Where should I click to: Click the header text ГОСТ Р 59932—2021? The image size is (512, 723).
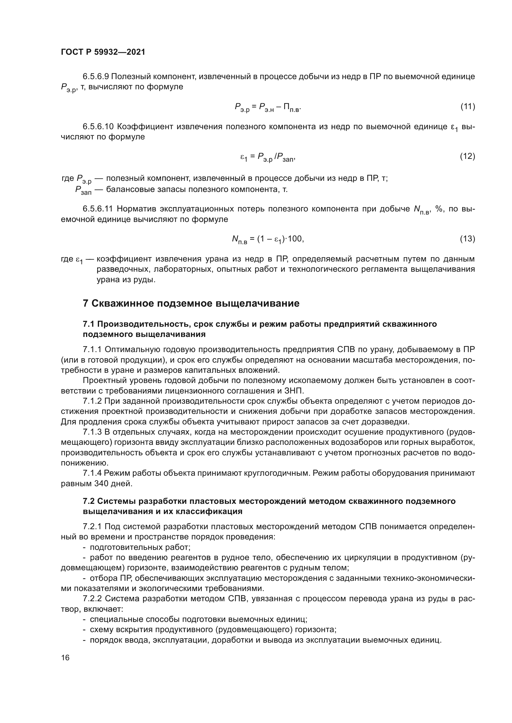(x=103, y=52)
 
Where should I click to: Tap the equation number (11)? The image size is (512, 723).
(x=467, y=106)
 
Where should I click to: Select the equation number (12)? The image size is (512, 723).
(x=467, y=156)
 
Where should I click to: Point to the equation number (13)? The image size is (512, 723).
(x=467, y=239)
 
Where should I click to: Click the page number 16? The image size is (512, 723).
(x=65, y=657)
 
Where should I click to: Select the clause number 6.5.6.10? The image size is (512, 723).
(x=98, y=127)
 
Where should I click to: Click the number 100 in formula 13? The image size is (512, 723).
(x=295, y=239)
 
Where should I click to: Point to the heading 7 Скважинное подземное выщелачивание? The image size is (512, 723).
(x=191, y=304)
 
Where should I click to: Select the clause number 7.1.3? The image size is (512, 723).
(x=92, y=432)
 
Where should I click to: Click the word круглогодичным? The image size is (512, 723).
(x=277, y=473)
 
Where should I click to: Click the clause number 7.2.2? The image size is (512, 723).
(x=92, y=598)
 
